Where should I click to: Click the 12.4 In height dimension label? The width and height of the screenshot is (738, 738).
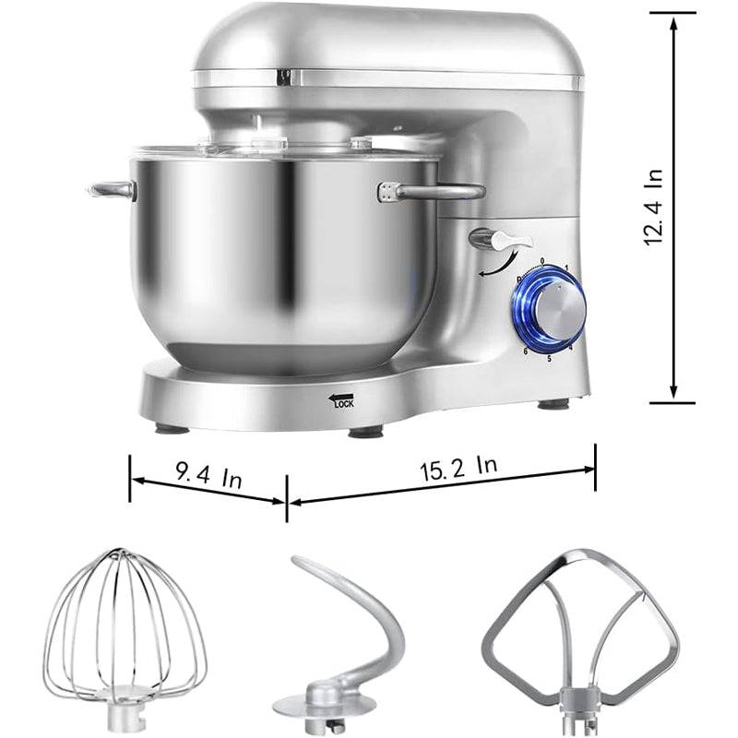(x=655, y=208)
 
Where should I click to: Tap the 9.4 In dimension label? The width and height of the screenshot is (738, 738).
(x=208, y=478)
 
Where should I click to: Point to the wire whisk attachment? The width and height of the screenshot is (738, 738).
(x=125, y=637)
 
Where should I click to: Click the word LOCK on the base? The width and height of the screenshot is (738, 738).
(x=343, y=403)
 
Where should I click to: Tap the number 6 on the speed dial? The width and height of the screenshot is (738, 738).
(x=525, y=351)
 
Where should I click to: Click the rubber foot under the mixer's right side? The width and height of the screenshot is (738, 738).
(x=553, y=404)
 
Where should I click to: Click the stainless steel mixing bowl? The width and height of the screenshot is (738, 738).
(x=277, y=258)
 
